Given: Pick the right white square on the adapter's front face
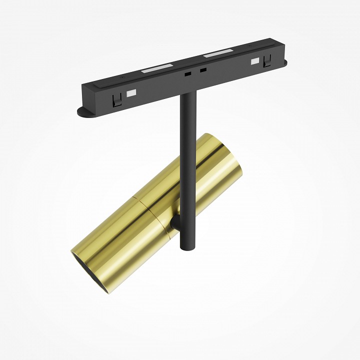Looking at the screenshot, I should [x=254, y=61].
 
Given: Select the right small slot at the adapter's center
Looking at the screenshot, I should [x=203, y=70].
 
